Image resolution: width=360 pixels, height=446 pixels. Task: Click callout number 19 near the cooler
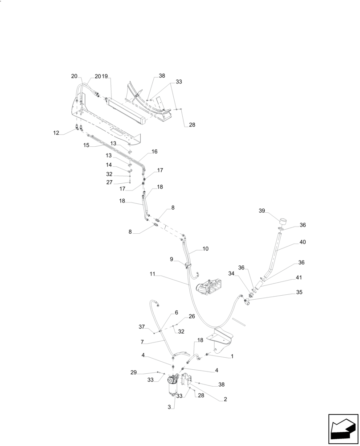point(105,76)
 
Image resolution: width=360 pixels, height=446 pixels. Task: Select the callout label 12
point(56,133)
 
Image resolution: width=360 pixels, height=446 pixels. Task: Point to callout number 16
point(155,152)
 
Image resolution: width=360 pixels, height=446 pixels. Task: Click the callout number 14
point(109,165)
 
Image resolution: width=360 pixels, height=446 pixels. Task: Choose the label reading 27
point(110,182)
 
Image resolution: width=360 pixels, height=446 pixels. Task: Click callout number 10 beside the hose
point(205,248)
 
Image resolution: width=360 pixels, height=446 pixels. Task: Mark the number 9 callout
point(171,259)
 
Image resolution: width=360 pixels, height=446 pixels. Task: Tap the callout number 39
point(262,211)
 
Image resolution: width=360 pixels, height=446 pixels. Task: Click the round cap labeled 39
point(282,222)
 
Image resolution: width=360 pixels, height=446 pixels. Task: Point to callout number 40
point(303,242)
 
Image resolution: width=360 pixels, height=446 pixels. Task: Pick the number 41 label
point(299,277)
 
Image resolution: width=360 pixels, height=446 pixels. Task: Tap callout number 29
point(133,372)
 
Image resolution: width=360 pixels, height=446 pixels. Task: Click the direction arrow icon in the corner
point(343,429)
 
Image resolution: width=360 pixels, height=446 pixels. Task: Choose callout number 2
point(225,400)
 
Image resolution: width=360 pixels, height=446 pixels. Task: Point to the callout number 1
point(232,357)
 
